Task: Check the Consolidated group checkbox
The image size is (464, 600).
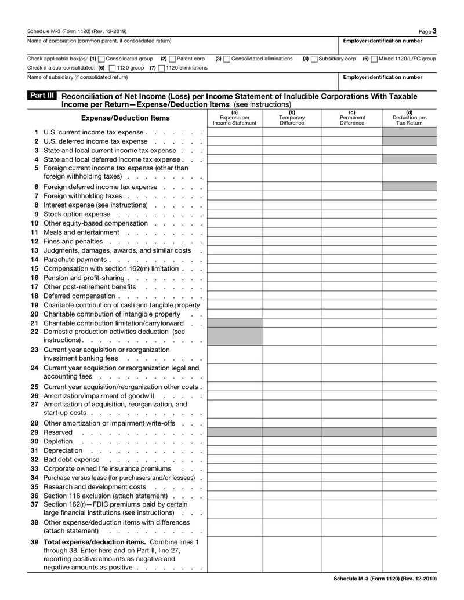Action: pos(102,59)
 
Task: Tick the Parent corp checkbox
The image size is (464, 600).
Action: pos(172,59)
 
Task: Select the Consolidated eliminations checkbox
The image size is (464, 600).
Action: pos(227,59)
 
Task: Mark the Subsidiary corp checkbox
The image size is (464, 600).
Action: pos(314,59)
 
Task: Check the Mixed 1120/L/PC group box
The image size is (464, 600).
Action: pos(374,59)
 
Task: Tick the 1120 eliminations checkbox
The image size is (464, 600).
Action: pos(161,68)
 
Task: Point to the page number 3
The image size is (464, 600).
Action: pos(434,31)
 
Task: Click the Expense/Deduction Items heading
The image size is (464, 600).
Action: pos(125,118)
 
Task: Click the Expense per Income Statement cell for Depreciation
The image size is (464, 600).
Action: pos(234,450)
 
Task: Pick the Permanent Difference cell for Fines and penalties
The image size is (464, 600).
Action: pos(351,242)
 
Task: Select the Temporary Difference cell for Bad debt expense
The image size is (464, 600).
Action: pos(292,460)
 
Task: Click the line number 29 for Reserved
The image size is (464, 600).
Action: pos(34,432)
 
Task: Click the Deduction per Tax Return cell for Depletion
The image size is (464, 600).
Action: pos(409,442)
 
